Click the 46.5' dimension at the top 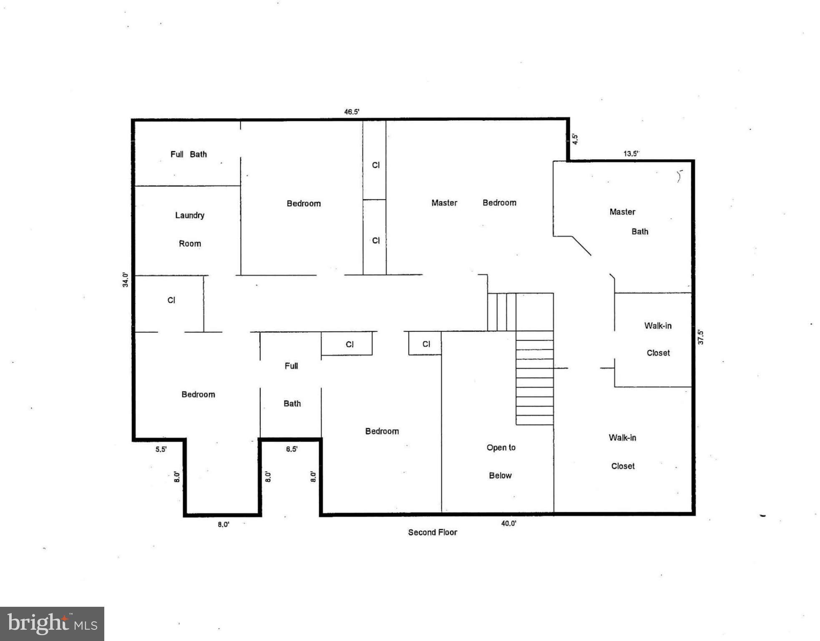tap(352, 112)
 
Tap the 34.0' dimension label tap(125, 280)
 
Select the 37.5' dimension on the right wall tap(701, 337)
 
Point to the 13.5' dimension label tap(631, 154)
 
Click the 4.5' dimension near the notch tap(575, 139)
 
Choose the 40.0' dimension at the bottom tap(508, 523)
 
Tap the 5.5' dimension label tap(161, 449)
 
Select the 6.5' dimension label tap(292, 449)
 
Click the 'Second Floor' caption tap(433, 532)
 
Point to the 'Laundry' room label tap(190, 215)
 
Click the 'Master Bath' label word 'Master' tap(622, 212)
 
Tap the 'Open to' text tap(501, 448)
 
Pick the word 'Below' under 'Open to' tap(500, 476)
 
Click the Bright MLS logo tap(52, 623)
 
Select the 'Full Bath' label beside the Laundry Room tap(189, 154)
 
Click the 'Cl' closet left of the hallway tap(171, 300)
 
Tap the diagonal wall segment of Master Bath tap(581, 246)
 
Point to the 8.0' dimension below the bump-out tap(223, 525)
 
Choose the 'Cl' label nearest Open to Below tap(426, 344)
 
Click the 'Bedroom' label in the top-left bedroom tap(304, 204)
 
